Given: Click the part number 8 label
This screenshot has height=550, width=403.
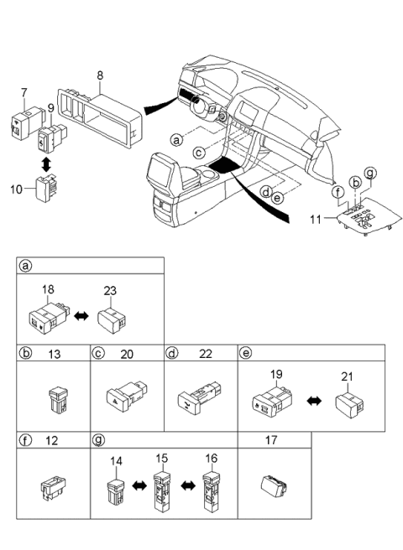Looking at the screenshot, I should [99, 75].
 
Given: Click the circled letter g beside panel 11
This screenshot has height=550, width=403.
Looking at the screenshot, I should [369, 173].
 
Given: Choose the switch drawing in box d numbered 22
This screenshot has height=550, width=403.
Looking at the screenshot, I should [200, 397].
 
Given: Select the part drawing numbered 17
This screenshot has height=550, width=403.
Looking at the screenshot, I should [275, 485].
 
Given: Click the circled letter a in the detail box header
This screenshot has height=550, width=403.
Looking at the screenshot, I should [26, 267].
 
